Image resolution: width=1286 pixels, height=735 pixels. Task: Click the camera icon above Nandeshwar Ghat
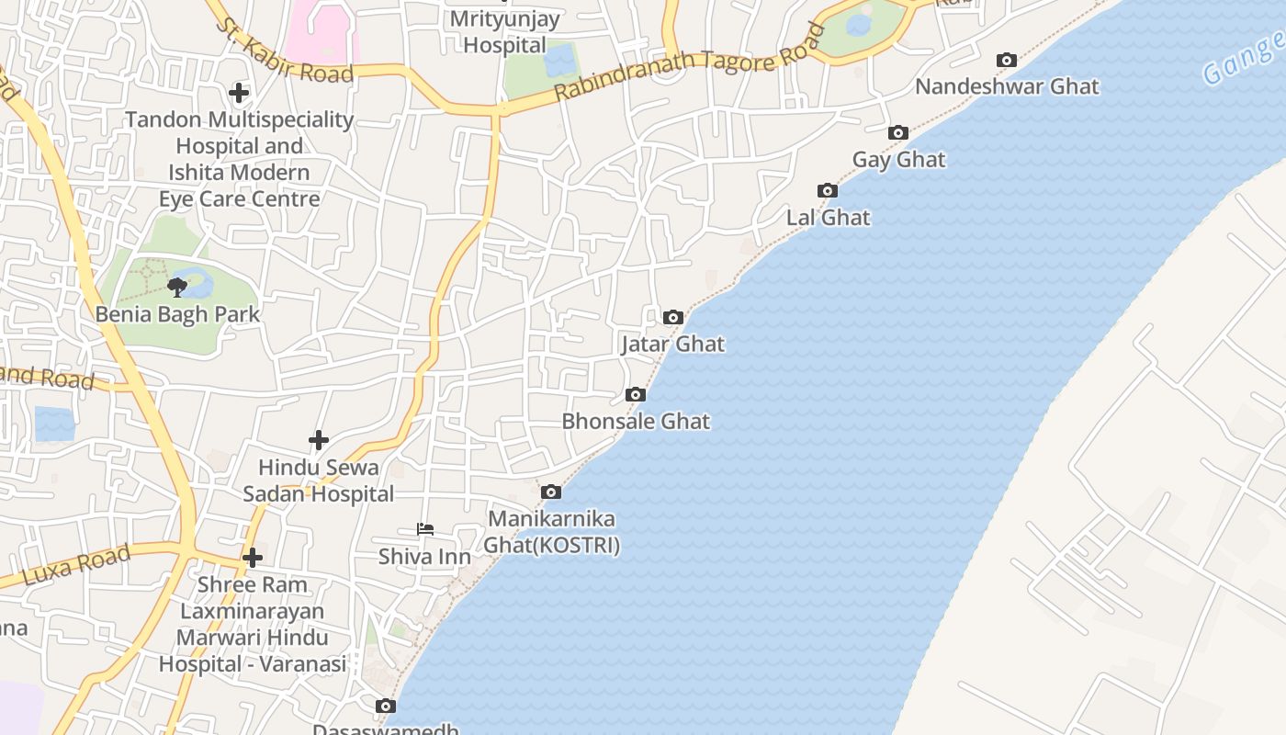1007,61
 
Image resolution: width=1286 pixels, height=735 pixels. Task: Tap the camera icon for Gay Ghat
898,133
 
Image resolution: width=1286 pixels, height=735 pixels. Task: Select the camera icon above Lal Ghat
828,191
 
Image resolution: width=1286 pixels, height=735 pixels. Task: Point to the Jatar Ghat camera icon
673,318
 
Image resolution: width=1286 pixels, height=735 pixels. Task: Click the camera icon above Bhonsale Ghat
635,395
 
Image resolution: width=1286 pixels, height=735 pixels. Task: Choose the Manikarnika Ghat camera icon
551,492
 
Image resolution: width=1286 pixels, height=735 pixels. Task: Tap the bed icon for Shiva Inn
424,529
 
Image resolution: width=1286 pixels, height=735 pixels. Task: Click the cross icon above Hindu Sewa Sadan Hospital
319,441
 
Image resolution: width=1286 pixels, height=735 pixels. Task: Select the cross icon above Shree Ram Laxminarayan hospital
253,558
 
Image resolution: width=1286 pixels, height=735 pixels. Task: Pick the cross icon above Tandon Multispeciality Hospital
239,93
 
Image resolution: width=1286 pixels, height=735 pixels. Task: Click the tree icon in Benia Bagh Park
177,288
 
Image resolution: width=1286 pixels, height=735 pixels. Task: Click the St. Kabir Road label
285,51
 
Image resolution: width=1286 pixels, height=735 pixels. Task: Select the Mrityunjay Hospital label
504,31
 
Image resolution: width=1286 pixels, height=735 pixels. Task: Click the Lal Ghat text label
828,218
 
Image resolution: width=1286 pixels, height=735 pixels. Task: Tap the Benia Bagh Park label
178,314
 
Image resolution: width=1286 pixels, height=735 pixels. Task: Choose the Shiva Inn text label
424,557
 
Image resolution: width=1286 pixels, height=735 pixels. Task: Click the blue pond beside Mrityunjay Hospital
558,61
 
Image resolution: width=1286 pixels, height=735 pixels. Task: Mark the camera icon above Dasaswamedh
386,707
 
